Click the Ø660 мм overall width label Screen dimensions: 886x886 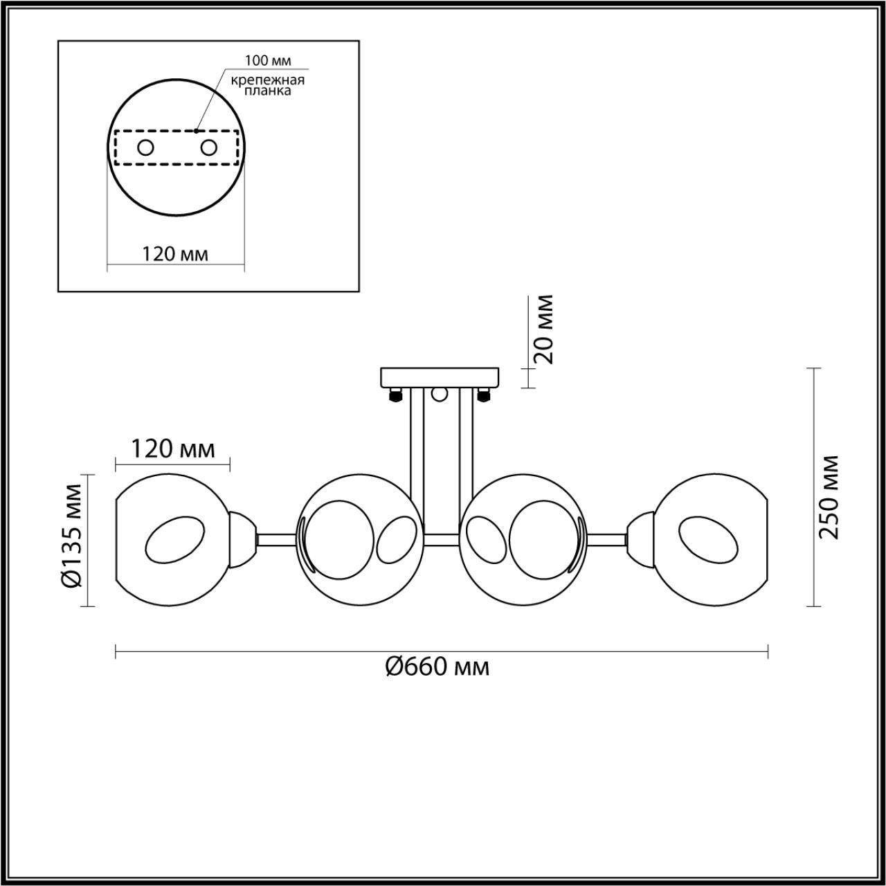[437, 667]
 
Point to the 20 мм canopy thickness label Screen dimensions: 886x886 [545, 329]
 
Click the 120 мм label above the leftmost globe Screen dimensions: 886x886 [173, 449]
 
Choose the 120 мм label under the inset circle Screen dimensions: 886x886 [175, 254]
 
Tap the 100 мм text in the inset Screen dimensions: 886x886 [264, 62]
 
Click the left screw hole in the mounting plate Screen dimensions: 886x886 [145, 147]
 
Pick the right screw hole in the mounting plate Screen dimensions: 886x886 [208, 147]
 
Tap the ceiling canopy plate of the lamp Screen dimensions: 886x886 [440, 377]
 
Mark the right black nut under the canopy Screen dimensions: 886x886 [483, 395]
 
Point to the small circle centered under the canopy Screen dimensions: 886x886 [439, 395]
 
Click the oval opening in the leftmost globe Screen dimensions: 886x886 [175, 539]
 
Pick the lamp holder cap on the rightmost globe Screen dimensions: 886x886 [640, 538]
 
